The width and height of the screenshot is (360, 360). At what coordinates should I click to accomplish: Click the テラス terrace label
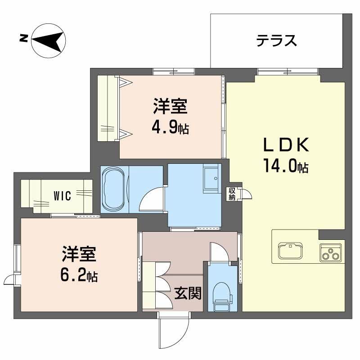tap(276, 41)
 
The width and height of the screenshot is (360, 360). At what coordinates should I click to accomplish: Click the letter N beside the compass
tap(22, 39)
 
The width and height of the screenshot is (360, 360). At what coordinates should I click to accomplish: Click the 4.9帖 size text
tap(170, 128)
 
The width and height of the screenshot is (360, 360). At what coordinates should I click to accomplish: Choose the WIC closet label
tap(62, 196)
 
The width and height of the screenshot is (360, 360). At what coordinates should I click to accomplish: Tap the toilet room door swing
tap(220, 251)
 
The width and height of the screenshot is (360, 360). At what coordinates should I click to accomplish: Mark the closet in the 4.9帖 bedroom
tap(108, 108)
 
